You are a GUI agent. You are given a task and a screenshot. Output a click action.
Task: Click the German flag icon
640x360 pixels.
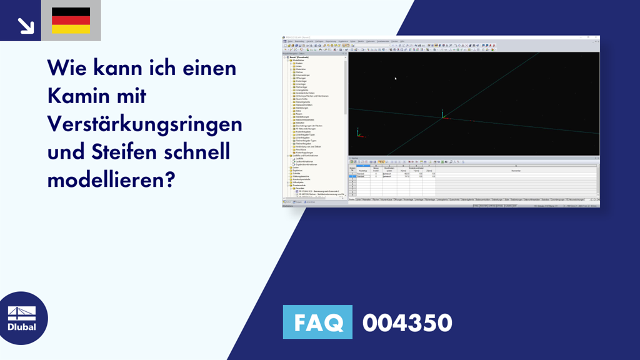tap(71, 21)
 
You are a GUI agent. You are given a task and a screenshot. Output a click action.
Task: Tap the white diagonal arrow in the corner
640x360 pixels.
tap(26, 25)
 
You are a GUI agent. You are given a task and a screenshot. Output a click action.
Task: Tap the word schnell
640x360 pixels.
tap(206, 151)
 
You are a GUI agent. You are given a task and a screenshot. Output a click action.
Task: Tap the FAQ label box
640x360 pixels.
tap(317, 322)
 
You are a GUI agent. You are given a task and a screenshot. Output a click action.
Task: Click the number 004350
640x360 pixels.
tap(407, 322)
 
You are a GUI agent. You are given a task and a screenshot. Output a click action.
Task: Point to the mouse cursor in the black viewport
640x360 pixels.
tap(395, 78)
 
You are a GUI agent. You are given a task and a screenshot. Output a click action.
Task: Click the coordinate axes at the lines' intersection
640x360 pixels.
tap(443, 115)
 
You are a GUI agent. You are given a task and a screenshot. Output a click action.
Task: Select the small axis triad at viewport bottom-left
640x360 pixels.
tap(358, 132)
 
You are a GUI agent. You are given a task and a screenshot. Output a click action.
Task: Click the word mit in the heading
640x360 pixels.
tap(132, 97)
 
